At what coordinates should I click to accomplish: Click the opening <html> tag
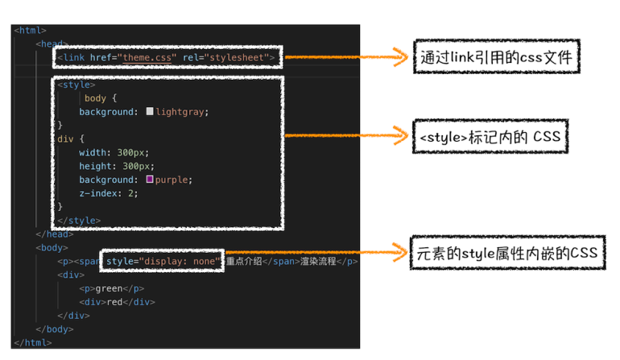pyautogui.click(x=30, y=31)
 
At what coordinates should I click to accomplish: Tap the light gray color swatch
pyautogui.click(x=150, y=112)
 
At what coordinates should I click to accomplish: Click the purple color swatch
pyautogui.click(x=150, y=180)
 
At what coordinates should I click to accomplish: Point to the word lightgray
pyautogui.click(x=182, y=112)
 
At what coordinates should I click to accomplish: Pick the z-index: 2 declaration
pyautogui.click(x=109, y=193)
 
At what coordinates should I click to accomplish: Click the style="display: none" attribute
pyautogui.click(x=163, y=261)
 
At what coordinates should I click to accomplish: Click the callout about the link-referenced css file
pyautogui.click(x=496, y=57)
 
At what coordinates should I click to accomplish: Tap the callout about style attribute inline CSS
pyautogui.click(x=508, y=254)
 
